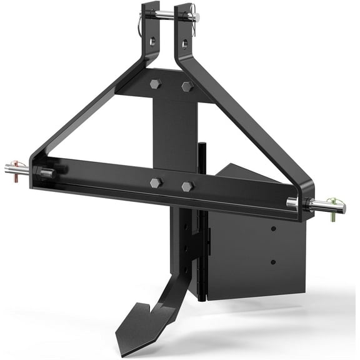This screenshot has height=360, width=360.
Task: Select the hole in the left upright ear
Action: (x=152, y=42)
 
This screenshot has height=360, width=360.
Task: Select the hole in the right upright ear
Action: (x=184, y=43)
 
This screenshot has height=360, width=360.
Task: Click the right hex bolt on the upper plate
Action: (x=186, y=87)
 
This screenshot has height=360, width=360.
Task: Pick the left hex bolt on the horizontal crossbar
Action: (x=155, y=182)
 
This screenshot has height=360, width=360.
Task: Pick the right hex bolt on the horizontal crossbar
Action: (x=187, y=186)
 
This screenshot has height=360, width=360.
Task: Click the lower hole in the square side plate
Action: (x=272, y=261)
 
